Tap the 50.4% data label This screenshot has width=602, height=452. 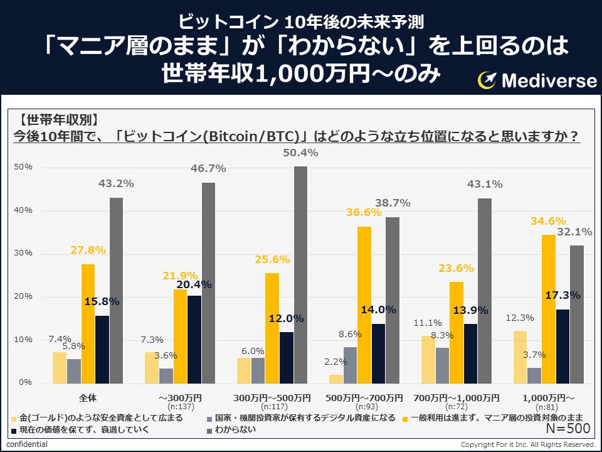[x=301, y=153]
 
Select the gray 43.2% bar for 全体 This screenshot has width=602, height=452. [x=116, y=290]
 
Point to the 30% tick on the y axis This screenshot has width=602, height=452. [x=24, y=254]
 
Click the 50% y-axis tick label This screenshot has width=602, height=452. [x=24, y=168]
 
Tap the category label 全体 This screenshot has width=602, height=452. [x=88, y=398]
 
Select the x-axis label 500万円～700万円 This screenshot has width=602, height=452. [x=364, y=398]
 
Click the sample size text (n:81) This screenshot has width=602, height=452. [x=549, y=406]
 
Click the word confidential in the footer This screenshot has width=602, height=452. [x=27, y=444]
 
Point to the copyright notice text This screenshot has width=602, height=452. [x=528, y=444]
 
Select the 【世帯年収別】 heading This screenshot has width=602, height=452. [x=58, y=119]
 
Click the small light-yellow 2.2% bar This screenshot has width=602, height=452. [x=336, y=379]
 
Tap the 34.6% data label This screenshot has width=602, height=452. [x=549, y=222]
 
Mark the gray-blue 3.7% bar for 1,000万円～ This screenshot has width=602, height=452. [x=534, y=375]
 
